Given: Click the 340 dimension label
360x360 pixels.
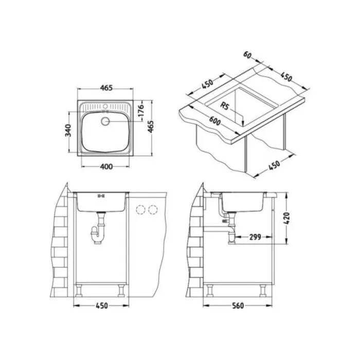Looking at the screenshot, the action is coord(68,130).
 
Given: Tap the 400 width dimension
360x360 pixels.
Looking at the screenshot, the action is coord(106,166).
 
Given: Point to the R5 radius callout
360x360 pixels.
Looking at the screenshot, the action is coord(225,106).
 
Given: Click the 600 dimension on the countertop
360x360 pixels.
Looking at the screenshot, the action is coord(214,120).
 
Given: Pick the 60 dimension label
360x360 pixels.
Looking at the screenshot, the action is coord(247,55).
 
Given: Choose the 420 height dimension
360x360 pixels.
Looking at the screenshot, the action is coord(287,219).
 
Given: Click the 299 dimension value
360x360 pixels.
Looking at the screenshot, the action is coord(255,237).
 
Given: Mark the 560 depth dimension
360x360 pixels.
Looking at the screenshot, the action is coord(238,305).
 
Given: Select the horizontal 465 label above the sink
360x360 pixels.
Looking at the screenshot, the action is coord(106,88).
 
